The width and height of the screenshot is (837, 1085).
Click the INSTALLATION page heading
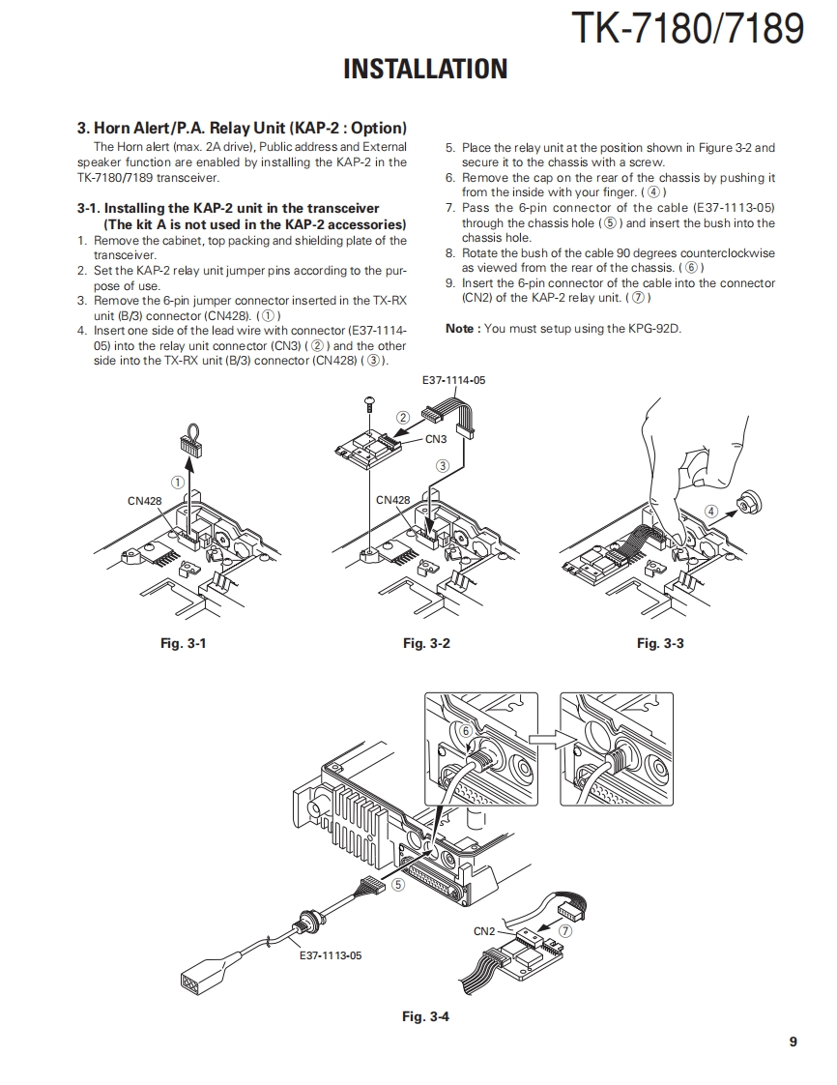click(x=425, y=70)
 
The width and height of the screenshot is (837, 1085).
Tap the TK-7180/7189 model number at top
click(x=687, y=28)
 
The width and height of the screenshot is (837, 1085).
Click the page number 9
click(x=793, y=1041)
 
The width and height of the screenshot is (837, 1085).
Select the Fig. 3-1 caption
click(x=183, y=643)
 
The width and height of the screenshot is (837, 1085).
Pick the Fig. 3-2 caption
click(x=426, y=643)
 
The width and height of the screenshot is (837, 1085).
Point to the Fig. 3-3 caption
click(x=660, y=643)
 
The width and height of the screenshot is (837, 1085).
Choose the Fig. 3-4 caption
click(x=426, y=1015)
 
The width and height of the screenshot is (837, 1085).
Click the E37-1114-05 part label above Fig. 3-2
click(x=453, y=380)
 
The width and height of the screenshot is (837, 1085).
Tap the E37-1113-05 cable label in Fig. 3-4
click(x=331, y=955)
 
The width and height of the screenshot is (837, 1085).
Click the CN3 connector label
click(x=435, y=439)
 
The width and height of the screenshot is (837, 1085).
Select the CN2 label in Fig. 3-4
click(x=484, y=931)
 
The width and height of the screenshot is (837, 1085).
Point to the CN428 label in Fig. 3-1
click(x=144, y=501)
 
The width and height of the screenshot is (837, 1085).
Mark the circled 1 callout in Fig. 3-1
click(x=178, y=481)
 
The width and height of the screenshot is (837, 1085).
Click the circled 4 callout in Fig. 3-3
click(x=711, y=511)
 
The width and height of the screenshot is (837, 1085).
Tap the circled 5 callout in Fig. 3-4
click(x=397, y=884)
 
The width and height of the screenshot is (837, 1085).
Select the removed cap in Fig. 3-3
click(x=745, y=503)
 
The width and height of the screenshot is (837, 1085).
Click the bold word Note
click(x=459, y=329)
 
